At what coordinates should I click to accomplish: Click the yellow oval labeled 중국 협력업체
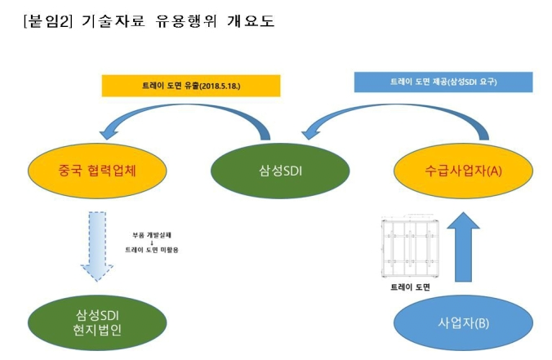point(90,171)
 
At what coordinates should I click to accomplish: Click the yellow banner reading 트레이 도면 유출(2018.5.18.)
point(189,85)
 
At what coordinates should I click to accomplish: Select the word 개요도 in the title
point(251,21)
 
